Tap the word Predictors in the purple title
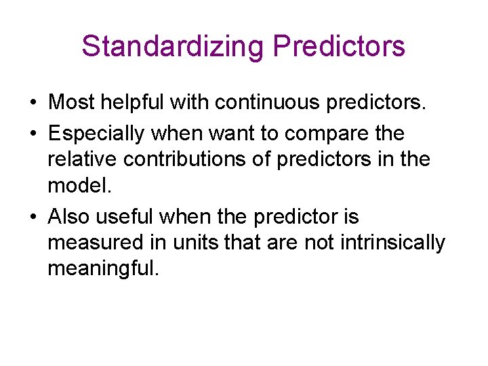click(339, 46)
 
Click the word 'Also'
click(68, 217)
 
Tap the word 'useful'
click(124, 217)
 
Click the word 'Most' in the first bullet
click(72, 102)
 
